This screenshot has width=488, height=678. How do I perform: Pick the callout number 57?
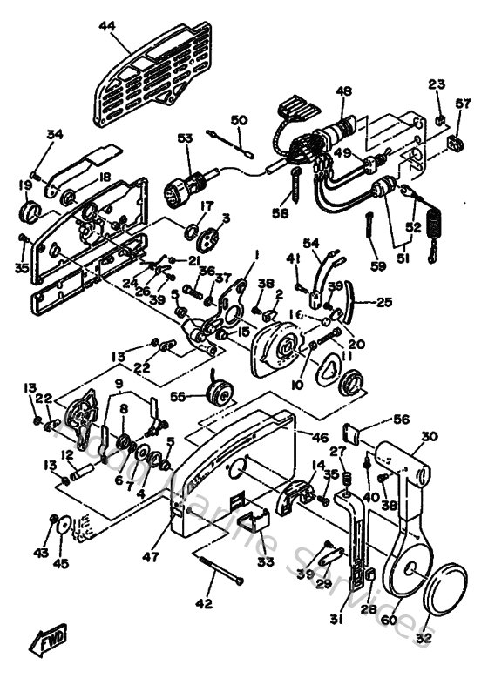462,104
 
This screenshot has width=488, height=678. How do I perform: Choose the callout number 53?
185,139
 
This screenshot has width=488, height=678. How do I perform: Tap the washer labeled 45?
62,524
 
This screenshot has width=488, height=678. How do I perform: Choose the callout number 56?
400,419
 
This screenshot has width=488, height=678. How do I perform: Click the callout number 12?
66,454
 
